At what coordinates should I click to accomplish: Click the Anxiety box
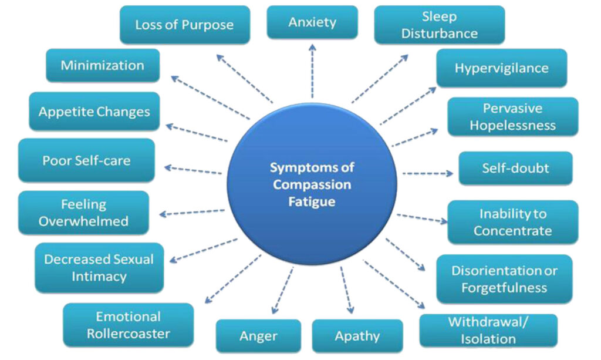point(312,22)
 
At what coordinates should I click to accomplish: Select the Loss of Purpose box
point(184,25)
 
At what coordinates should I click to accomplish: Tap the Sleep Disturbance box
point(439,25)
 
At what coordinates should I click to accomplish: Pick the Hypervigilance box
point(501,68)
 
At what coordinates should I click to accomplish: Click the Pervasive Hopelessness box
point(512,117)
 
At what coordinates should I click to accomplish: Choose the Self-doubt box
point(515,168)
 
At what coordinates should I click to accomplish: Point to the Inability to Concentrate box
point(512,222)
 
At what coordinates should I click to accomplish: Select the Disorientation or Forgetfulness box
point(504,279)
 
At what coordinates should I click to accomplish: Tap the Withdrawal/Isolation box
point(488,330)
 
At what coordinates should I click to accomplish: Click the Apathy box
point(357,336)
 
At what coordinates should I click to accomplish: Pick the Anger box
point(258,336)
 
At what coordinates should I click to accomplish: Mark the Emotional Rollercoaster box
point(128,325)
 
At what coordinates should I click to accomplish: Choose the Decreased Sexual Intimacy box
point(99,267)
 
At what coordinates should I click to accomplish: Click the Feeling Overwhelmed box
point(83,213)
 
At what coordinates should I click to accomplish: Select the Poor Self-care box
point(86,160)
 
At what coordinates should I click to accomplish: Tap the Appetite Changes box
point(94,112)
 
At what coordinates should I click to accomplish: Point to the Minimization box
point(102,65)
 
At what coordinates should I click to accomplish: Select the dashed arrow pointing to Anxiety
point(312,70)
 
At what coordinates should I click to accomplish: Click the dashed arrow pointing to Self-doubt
point(427,174)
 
